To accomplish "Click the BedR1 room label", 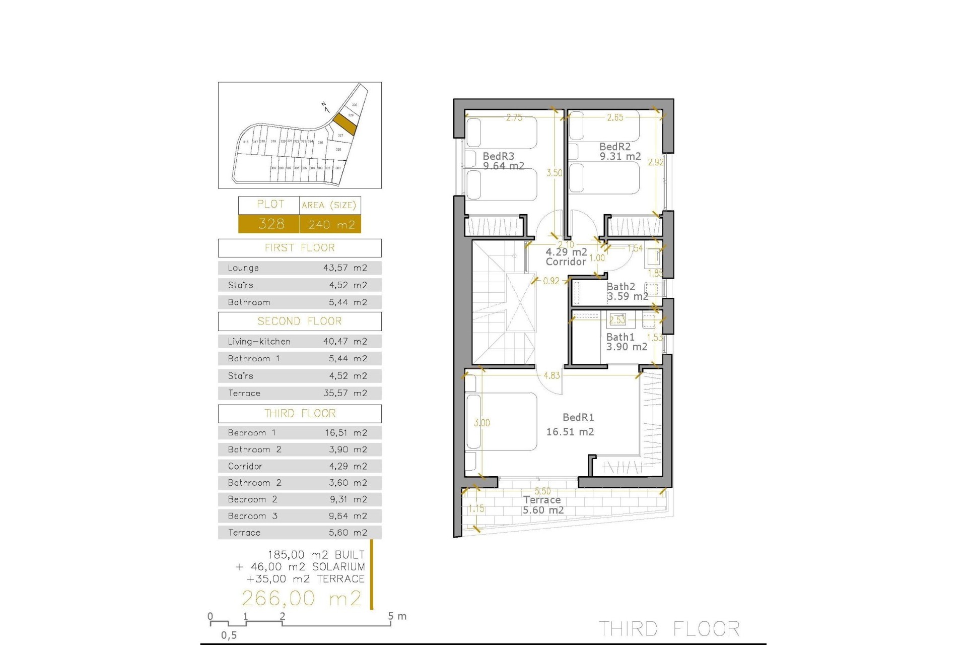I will click(578, 418).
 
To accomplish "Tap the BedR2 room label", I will click(615, 147).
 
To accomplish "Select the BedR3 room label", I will click(499, 156).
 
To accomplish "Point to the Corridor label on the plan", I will click(566, 262).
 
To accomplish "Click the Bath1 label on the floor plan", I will click(620, 337).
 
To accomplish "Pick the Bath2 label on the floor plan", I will click(621, 287).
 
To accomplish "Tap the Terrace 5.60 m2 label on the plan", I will click(542, 505).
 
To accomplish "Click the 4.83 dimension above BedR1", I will click(551, 375).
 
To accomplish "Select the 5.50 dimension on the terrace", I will click(542, 491).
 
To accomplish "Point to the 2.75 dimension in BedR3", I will click(514, 118).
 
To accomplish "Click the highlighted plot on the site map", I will click(345, 123).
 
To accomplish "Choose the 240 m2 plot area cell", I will click(331, 224).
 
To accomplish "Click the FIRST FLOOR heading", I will click(300, 248).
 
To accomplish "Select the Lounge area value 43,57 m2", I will click(345, 268).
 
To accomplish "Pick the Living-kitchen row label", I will click(259, 342).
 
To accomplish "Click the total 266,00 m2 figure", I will click(302, 599).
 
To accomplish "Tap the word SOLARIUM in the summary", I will click(338, 567).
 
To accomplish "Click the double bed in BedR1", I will click(501, 422).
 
